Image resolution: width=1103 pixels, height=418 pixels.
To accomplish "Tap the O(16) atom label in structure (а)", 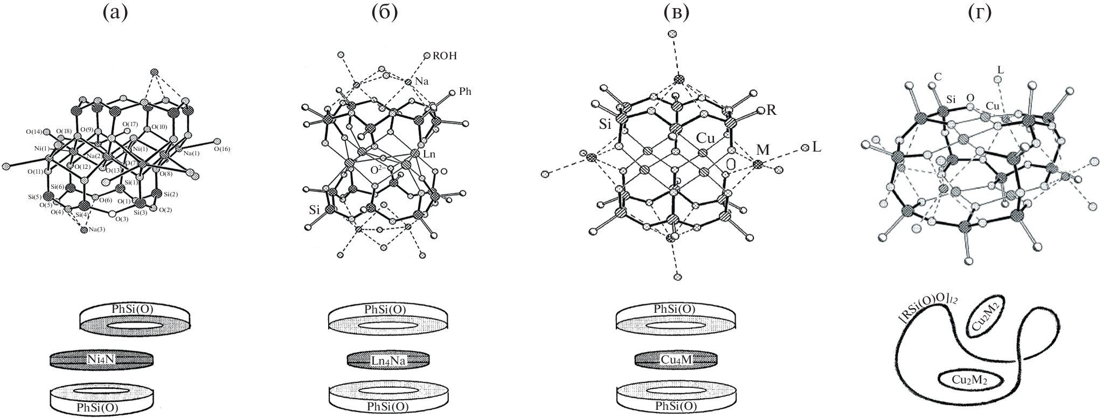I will pos(222,149).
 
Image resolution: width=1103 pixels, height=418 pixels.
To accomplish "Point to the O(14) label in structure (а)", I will pos(34,132).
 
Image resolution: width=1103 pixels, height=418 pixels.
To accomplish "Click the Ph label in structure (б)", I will pos(464,92).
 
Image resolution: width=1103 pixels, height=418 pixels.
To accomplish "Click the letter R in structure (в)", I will pos(771,111).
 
